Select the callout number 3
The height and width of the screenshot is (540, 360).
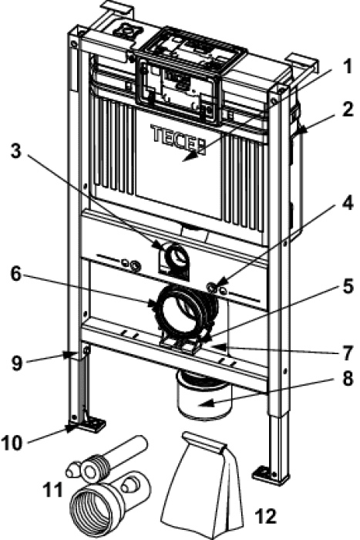click(x=16, y=150)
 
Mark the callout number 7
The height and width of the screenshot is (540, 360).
click(x=348, y=353)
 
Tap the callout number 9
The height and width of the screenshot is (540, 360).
click(x=17, y=363)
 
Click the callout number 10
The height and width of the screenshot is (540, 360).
click(x=13, y=443)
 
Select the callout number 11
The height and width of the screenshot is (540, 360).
click(x=53, y=489)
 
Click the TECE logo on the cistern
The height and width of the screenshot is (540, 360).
click(x=178, y=139)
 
